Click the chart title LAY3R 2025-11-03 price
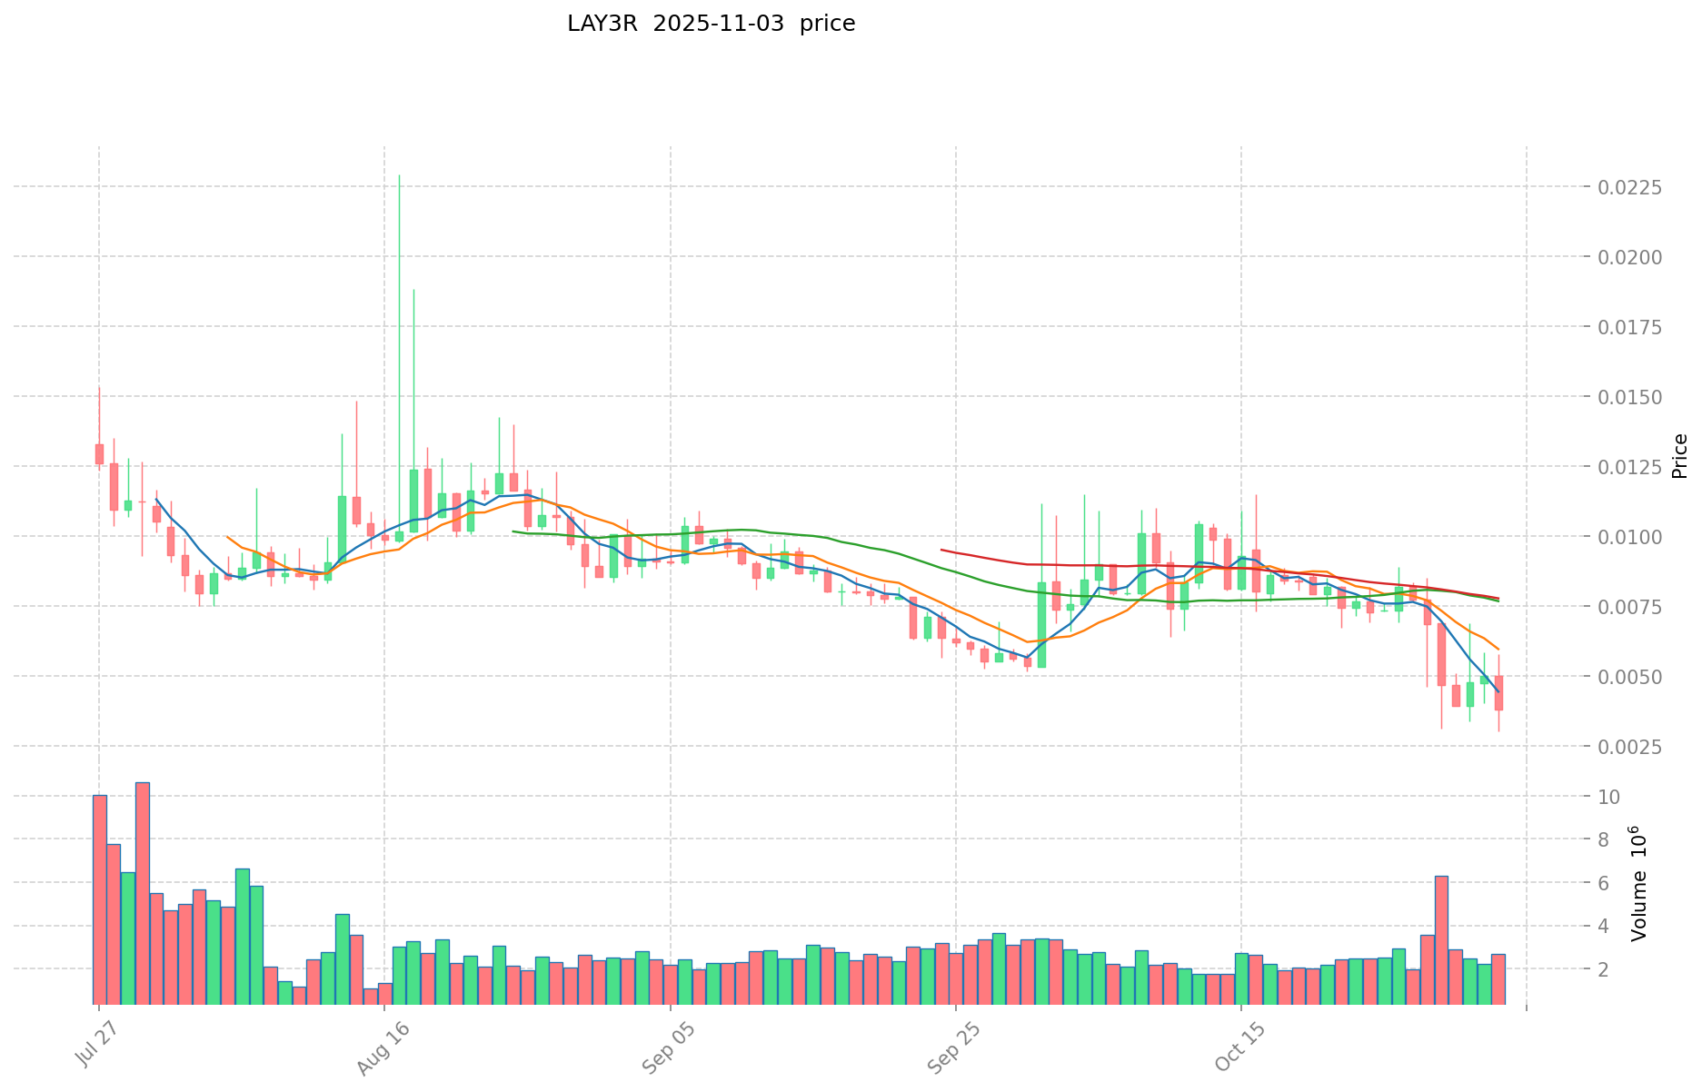point(711,25)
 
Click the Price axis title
point(1679,456)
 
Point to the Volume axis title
point(1638,883)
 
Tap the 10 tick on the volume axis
point(1609,797)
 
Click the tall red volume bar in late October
point(1441,939)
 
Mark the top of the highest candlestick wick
point(399,175)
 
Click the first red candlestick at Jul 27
point(99,453)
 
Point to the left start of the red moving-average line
point(941,549)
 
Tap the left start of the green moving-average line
point(513,531)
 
